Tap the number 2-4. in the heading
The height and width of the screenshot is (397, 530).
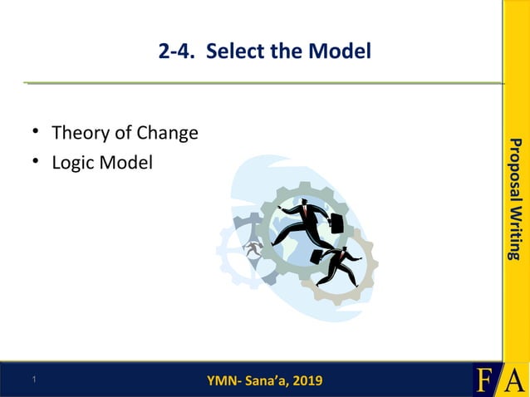point(178,51)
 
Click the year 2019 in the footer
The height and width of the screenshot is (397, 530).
point(305,381)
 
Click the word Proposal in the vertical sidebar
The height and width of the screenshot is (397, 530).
point(516,170)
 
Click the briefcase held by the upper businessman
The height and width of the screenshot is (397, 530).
point(336,223)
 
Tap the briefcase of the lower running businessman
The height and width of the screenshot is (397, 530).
point(317,256)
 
